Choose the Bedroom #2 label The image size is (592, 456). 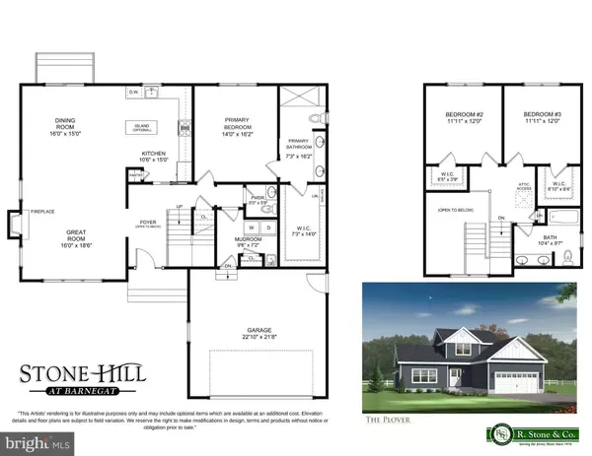(464, 116)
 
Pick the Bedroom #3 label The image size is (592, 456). (542, 116)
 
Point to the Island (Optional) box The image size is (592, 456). (151, 127)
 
